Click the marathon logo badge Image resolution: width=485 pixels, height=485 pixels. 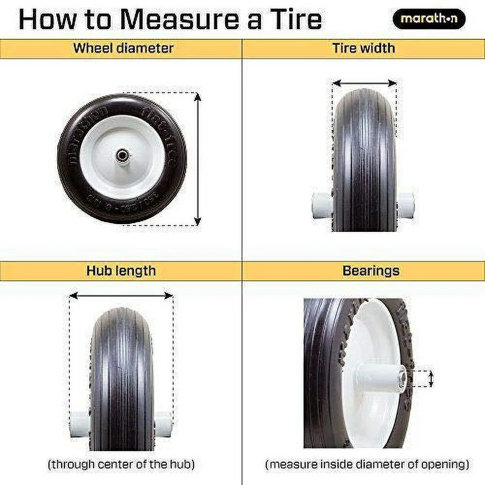(428, 19)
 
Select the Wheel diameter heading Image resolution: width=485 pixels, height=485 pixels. (123, 48)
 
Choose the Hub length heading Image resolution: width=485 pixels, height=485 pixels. (121, 270)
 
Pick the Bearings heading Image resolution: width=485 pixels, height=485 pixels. (371, 270)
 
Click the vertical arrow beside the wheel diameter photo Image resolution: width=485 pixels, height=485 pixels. (197, 158)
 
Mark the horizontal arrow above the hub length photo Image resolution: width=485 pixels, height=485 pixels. (121, 295)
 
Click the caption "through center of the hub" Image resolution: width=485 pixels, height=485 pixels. (121, 464)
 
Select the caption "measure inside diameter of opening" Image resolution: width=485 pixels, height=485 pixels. (367, 464)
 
